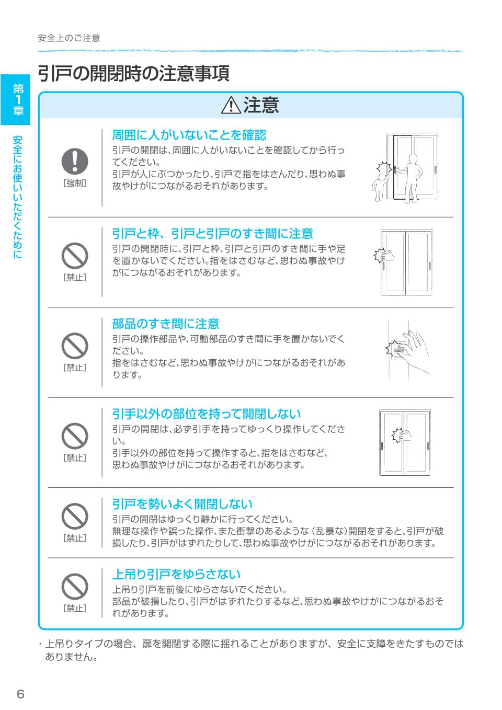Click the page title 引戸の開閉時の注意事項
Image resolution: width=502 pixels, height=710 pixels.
pos(133,73)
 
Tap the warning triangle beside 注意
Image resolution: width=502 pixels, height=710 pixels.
pos(230,106)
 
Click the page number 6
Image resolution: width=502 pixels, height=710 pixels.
pos(20,694)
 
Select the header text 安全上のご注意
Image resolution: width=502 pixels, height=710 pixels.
pos(69,38)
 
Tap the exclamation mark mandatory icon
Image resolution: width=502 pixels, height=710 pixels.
pos(75,161)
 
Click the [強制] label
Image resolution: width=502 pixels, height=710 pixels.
pos(75,183)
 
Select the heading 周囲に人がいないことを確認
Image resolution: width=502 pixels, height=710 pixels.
pos(189,135)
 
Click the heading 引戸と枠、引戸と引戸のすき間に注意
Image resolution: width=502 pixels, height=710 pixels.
pos(212,233)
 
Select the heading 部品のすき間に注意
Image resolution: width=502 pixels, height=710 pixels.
pos(165,324)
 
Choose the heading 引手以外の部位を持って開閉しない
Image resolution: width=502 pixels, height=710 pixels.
pos(207,414)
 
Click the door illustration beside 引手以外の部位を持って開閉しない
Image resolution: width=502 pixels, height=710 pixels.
pos(406,442)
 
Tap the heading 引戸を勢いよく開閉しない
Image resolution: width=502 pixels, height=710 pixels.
pos(182,504)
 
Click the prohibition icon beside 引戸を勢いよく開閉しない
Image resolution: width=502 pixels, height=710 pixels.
pos(75,517)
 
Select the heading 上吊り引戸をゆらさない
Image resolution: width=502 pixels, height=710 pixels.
pos(176,574)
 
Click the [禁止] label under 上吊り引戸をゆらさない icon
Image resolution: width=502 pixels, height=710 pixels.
pos(75,608)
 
